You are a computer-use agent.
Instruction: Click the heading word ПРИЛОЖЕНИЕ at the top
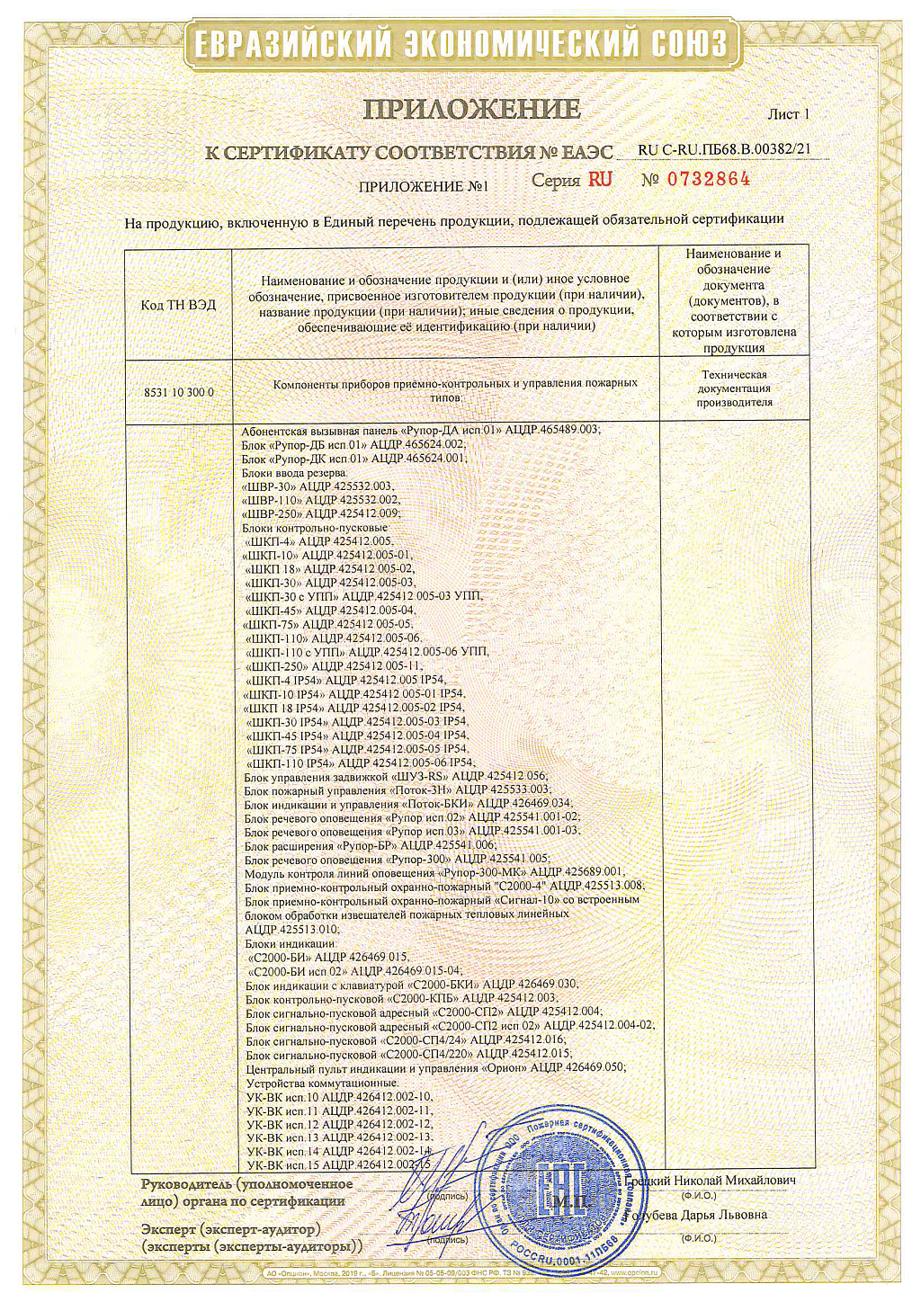coord(471,110)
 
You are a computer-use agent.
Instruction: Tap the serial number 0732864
coord(708,179)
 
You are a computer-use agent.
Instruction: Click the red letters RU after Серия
coord(600,179)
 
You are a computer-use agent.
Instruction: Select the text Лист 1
coord(788,114)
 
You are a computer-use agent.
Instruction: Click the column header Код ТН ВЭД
coord(178,305)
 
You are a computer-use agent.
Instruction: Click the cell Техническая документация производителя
coord(734,388)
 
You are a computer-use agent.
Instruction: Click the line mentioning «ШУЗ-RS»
coord(396,776)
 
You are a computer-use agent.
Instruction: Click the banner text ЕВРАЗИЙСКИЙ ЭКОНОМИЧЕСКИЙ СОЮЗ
coord(460,43)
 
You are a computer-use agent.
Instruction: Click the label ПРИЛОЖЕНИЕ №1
coord(423,187)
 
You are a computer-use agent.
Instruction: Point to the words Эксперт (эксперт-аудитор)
coord(230,1229)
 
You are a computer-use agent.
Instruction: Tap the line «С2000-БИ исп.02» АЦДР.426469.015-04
coord(354,971)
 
